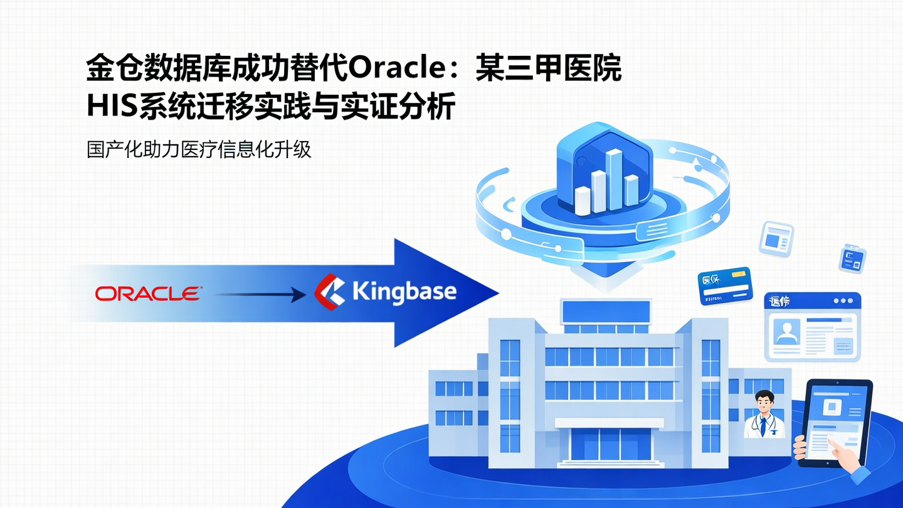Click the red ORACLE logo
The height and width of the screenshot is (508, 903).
click(148, 293)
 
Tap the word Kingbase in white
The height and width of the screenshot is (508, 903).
click(404, 292)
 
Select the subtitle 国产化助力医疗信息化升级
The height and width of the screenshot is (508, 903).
click(199, 151)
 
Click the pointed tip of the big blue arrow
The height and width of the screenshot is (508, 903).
click(495, 292)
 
